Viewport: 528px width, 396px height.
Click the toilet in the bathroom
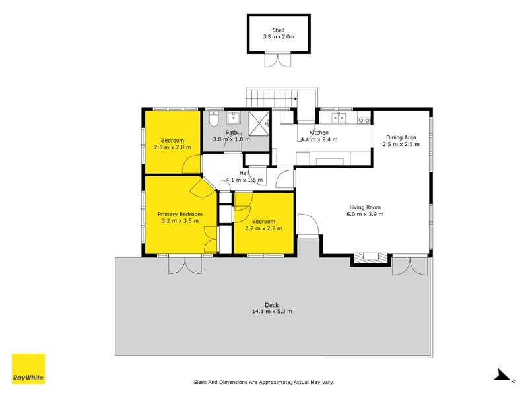point(213,119)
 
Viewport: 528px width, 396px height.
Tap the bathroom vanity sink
point(234,118)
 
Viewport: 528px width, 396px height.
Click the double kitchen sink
point(339,118)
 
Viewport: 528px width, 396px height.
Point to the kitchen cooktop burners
point(364,119)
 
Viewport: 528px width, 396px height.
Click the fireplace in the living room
point(368,258)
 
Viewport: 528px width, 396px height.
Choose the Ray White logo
point(28,369)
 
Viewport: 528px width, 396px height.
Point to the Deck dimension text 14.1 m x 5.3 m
point(271,312)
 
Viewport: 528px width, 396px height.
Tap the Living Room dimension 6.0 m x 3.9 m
point(366,214)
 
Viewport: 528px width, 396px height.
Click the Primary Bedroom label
point(180,214)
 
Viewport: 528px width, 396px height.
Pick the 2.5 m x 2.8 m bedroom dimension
point(172,147)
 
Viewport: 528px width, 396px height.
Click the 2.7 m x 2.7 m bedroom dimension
point(264,228)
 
